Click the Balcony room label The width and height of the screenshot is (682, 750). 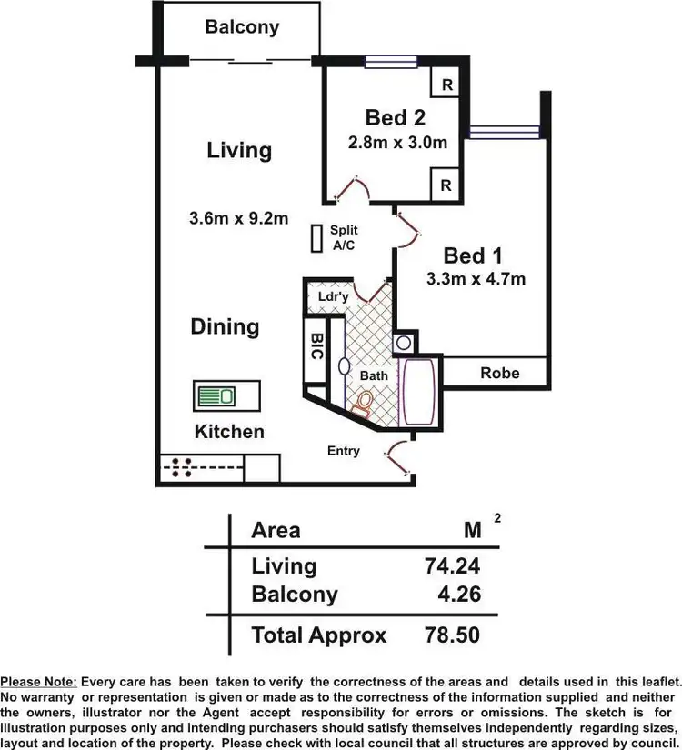click(x=242, y=26)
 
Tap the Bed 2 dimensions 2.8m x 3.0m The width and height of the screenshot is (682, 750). click(x=398, y=143)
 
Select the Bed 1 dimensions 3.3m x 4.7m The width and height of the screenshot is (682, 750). click(x=476, y=279)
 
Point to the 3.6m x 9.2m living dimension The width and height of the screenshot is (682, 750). click(x=239, y=218)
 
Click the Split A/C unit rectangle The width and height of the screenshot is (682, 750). click(x=316, y=238)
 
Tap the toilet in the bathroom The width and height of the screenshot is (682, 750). click(x=365, y=402)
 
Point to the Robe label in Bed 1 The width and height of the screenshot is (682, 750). click(x=499, y=373)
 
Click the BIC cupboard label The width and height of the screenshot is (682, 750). click(x=316, y=347)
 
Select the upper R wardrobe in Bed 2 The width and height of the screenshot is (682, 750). click(x=446, y=85)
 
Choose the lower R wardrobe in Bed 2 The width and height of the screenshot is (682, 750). click(x=446, y=185)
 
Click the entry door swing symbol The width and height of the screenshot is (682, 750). click(x=398, y=458)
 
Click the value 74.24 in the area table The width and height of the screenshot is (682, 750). click(x=452, y=566)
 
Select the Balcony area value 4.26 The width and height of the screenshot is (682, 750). click(x=459, y=595)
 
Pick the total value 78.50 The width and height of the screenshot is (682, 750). click(x=452, y=635)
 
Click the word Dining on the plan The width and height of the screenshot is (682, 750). click(x=225, y=326)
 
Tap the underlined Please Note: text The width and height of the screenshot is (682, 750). click(x=39, y=682)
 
